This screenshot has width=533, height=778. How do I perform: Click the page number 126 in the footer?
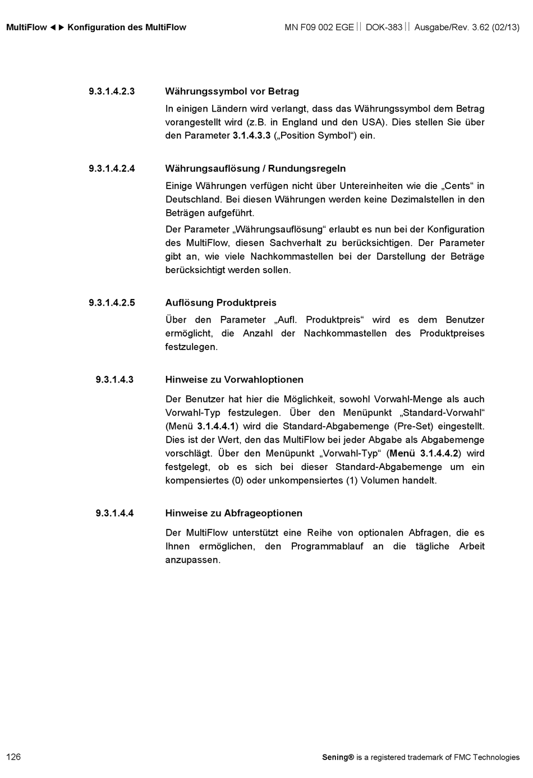tap(13, 757)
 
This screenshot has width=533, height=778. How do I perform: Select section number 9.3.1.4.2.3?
tap(112, 91)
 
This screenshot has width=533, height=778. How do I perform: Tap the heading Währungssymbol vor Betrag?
tap(232, 91)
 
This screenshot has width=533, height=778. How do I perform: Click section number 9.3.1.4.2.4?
tap(112, 168)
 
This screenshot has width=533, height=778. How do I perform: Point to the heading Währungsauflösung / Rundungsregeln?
tap(255, 168)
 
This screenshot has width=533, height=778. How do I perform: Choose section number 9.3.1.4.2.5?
tap(112, 303)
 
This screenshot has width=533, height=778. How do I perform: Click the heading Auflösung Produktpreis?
tap(220, 303)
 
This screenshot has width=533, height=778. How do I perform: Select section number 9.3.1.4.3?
tap(114, 380)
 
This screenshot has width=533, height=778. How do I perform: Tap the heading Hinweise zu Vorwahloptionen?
tap(234, 380)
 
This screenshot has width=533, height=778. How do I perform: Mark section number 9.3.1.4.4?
tap(114, 513)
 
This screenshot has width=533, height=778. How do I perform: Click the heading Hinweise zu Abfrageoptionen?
tap(233, 513)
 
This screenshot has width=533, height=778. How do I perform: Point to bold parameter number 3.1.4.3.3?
tap(251, 136)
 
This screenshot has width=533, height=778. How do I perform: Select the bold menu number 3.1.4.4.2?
tap(439, 453)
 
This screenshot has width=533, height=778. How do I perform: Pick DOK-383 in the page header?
tap(384, 27)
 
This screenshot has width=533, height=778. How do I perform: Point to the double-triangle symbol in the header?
tap(57, 27)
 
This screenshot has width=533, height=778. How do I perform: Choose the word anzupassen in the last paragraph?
tap(192, 560)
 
